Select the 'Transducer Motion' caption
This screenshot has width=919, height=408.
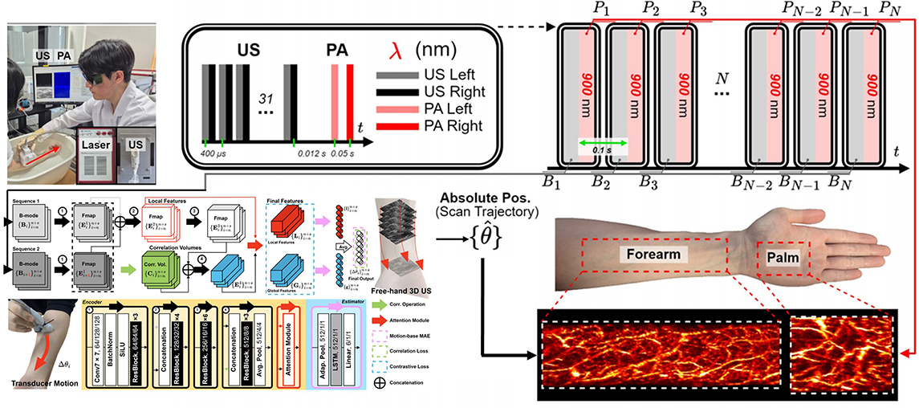point(40,384)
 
